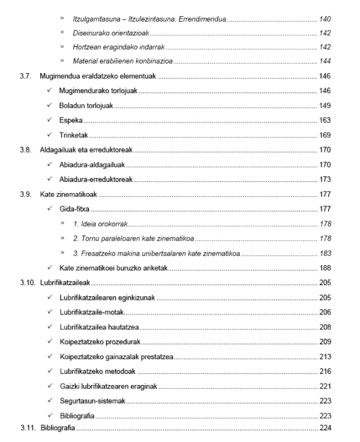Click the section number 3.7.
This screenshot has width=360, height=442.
[25, 77]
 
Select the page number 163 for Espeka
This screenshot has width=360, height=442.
[325, 121]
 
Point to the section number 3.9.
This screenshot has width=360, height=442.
[25, 194]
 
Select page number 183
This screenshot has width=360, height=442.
[325, 253]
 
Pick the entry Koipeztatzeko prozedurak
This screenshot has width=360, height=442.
[100, 342]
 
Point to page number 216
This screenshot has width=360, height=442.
[325, 371]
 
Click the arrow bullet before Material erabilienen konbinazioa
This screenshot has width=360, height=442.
[62, 62]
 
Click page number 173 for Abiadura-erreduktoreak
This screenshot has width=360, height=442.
[325, 179]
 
